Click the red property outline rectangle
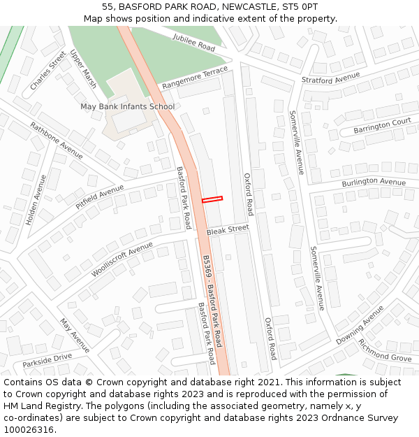coord(212,199)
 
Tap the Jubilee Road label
coord(194,43)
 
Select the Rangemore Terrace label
coord(195,78)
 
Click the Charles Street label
coord(48,70)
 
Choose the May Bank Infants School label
coord(127,107)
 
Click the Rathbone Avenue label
coord(56,141)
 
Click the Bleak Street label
coord(228,229)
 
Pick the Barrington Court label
coord(382,127)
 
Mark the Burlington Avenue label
coord(374,182)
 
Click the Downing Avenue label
coord(360,326)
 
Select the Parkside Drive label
coord(47,360)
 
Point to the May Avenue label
coord(75,336)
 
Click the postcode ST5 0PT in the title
coord(300,6)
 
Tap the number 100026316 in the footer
coord(29,429)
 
